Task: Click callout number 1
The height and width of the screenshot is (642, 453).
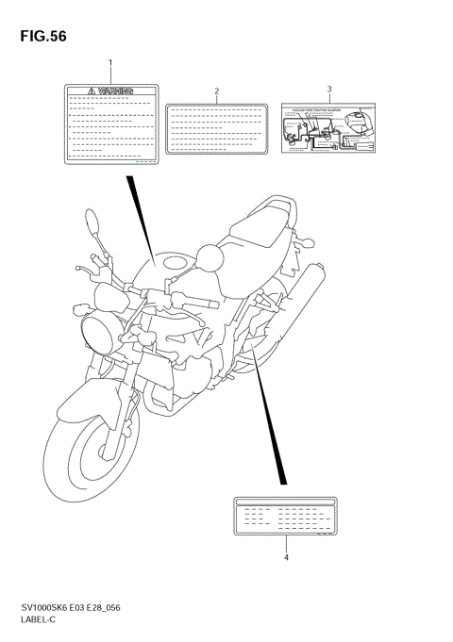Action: (x=110, y=63)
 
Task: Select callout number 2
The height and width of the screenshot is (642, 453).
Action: (x=216, y=91)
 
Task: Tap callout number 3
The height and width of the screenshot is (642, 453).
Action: (x=329, y=90)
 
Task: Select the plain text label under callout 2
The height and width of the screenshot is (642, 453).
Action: (x=217, y=127)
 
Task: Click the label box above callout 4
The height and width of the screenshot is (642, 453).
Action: (x=286, y=516)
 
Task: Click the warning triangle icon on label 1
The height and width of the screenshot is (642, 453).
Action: (x=92, y=91)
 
